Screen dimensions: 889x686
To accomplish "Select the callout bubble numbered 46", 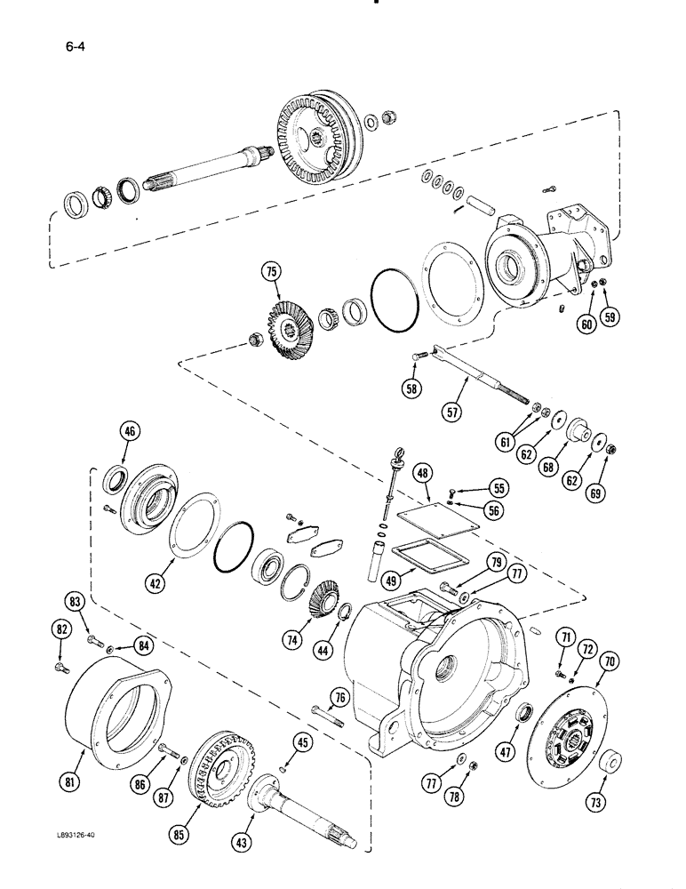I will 130,433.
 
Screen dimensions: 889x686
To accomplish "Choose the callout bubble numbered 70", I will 609,661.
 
